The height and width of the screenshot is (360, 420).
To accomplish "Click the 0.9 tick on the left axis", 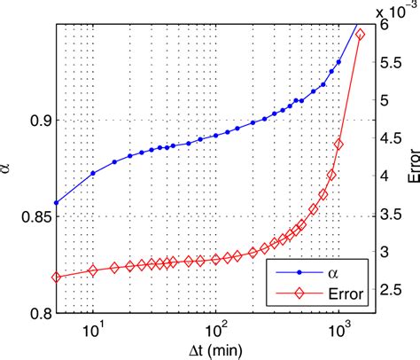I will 39,120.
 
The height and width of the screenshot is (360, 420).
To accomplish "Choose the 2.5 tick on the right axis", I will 390,290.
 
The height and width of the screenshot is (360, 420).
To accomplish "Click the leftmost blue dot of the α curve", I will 56,203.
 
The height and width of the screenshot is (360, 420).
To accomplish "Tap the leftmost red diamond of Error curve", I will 56,277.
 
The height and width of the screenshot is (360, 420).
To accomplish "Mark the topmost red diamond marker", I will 360,35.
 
